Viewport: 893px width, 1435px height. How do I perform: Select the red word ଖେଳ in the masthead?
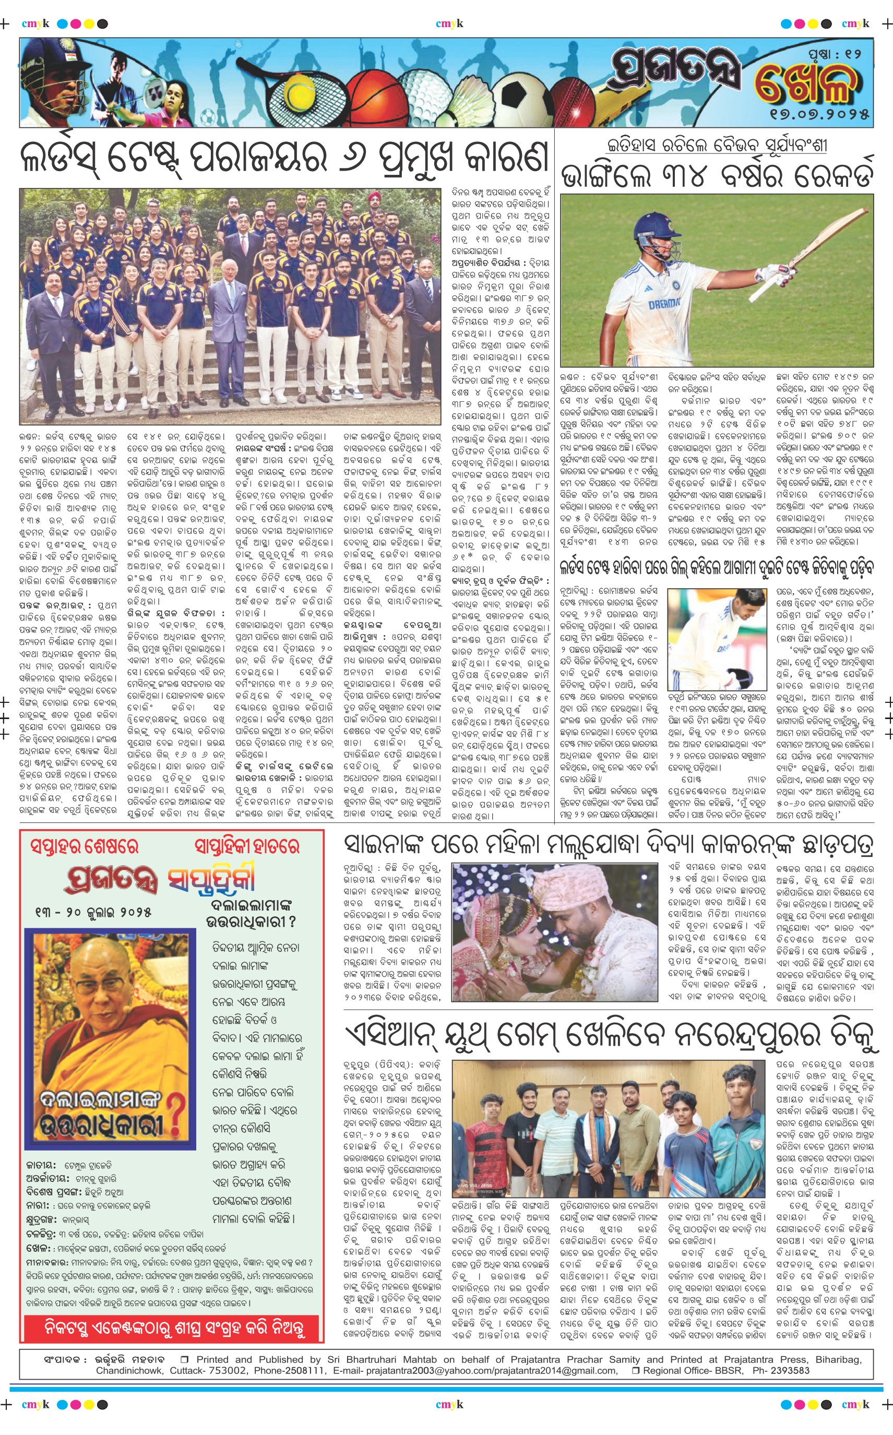(x=806, y=82)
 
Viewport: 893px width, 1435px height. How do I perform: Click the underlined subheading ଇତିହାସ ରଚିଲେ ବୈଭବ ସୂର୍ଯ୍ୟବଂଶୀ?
(x=717, y=145)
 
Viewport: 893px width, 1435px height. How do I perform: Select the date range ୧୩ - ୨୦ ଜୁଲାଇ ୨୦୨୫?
(x=93, y=912)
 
